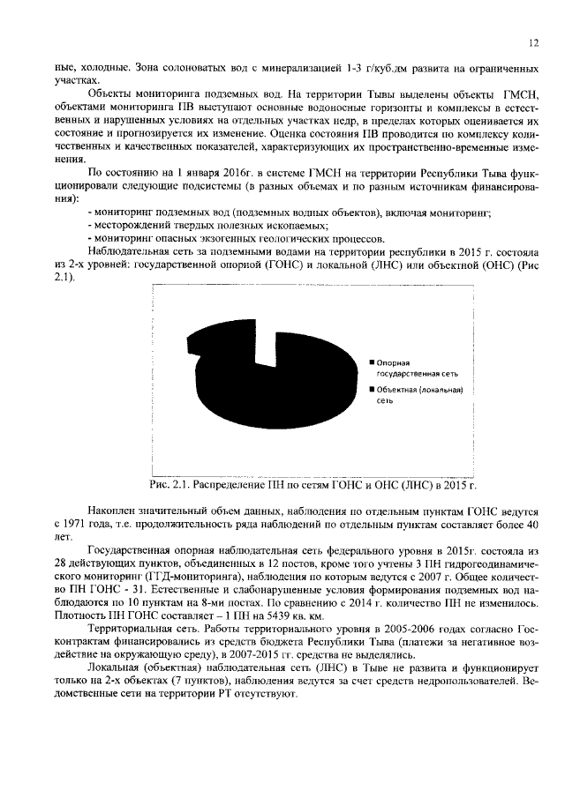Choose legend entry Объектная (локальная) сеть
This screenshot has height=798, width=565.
(418, 395)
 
